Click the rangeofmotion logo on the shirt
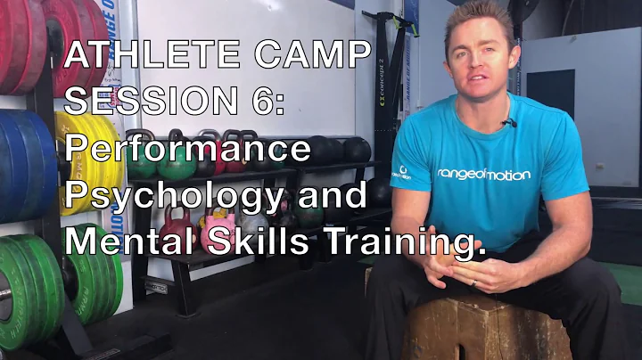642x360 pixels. pos(483,175)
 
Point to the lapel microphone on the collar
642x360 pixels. pos(508,122)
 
